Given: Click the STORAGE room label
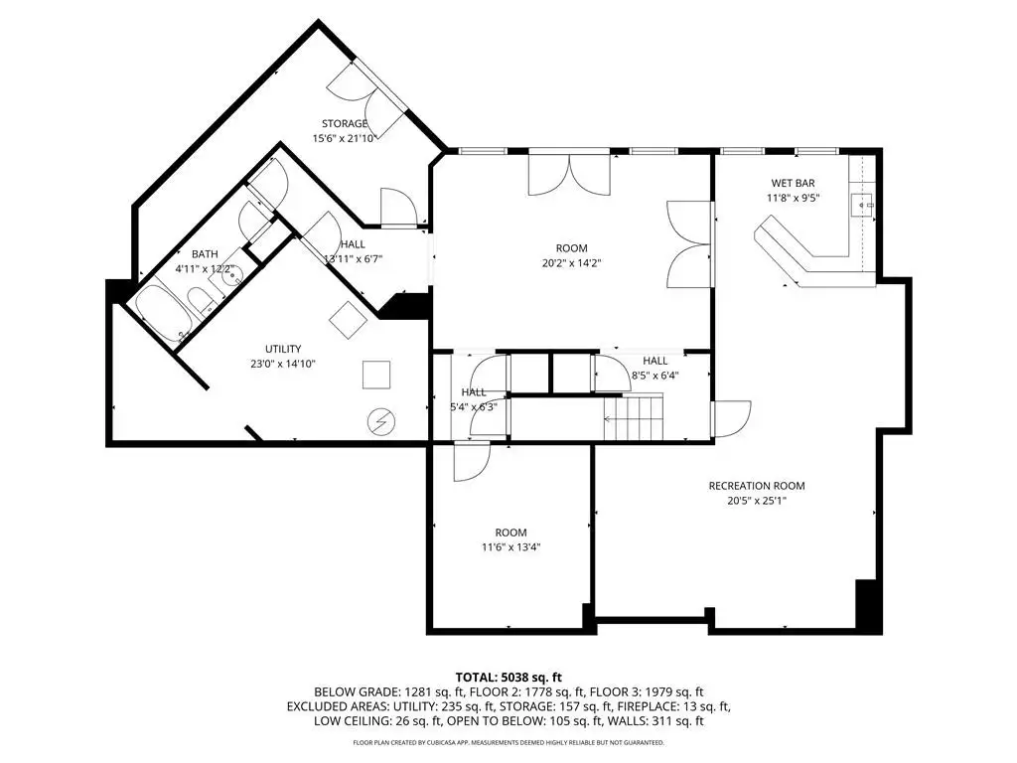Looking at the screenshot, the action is (345, 123).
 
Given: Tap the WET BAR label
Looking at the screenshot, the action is (793, 183).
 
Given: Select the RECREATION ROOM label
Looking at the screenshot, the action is (756, 485).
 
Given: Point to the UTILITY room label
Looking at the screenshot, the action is (283, 349).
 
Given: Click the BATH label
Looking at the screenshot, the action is (205, 254).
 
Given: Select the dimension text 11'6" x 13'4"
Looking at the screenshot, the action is (510, 547).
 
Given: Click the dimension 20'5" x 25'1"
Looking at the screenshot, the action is (756, 501).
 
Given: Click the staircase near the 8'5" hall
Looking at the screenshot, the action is (634, 417).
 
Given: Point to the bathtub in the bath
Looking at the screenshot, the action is (164, 314).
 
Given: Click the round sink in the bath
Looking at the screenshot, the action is (230, 276).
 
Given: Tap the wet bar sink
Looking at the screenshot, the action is (861, 205).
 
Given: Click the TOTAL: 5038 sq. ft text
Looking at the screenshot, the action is (508, 678).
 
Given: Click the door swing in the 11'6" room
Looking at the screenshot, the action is (472, 462).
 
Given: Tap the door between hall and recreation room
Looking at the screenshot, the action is (732, 420).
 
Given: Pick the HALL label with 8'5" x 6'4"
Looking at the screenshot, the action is (655, 361).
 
